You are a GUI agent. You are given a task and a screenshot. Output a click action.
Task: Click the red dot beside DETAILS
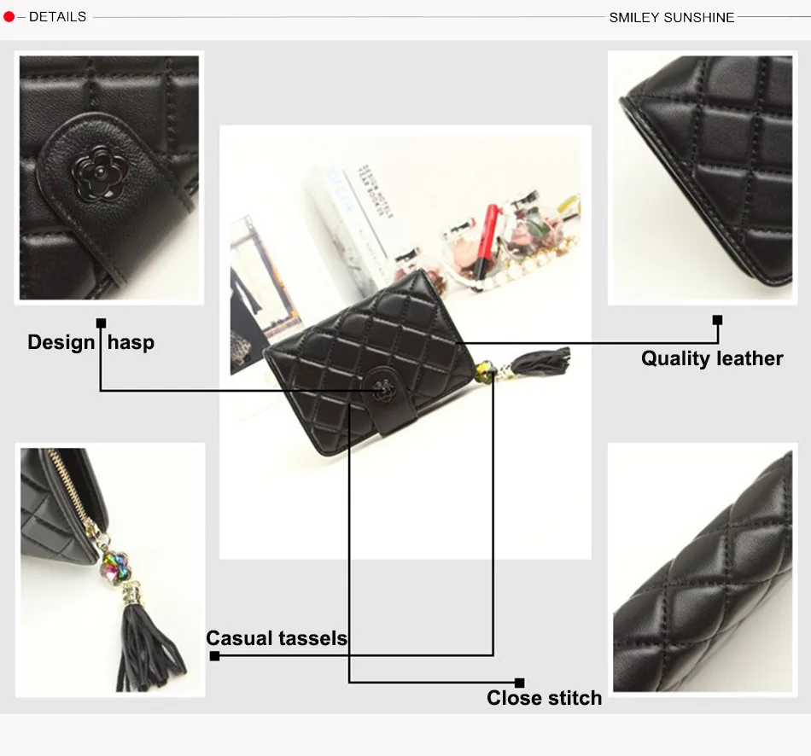pos(9,17)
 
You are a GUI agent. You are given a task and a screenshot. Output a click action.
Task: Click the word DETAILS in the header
pos(57,17)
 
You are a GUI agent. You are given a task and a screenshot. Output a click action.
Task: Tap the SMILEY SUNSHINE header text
pos(671,17)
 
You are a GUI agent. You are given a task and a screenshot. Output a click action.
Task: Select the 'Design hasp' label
pos(90,343)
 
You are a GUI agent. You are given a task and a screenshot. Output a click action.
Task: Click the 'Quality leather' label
pos(712,358)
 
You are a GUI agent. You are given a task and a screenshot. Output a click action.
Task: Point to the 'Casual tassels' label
pos(277,638)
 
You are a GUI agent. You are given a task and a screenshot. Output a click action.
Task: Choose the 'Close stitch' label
pos(544,698)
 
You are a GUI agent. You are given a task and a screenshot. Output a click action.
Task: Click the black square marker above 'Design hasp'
pos(101,323)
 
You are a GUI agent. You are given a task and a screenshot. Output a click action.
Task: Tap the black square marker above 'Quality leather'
pos(717,320)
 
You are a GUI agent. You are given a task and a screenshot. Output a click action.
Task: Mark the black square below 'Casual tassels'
pos(214,656)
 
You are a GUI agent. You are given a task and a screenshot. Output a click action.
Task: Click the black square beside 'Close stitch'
pos(519,682)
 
